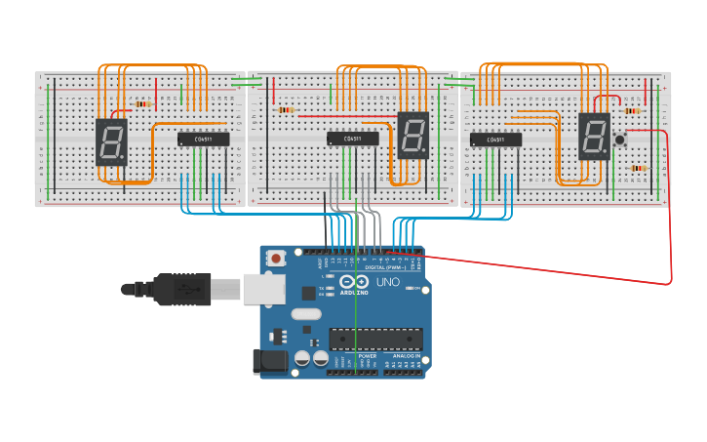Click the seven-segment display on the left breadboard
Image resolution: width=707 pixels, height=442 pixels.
pyautogui.click(x=110, y=141)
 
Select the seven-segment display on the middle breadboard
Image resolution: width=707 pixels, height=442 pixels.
pyautogui.click(x=412, y=135)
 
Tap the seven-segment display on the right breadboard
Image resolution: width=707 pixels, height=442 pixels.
pyautogui.click(x=593, y=137)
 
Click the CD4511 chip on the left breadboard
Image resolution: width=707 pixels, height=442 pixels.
pyautogui.click(x=204, y=140)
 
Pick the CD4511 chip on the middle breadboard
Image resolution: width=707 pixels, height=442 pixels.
pyautogui.click(x=352, y=139)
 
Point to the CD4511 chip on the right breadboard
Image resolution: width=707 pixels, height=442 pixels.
pyautogui.click(x=495, y=140)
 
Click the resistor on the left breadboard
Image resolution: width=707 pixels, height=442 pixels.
pyautogui.click(x=143, y=104)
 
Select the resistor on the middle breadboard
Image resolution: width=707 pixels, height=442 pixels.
pyautogui.click(x=285, y=110)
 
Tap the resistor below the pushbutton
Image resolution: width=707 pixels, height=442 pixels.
pyautogui.click(x=638, y=168)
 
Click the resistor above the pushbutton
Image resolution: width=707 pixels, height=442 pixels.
pyautogui.click(x=632, y=110)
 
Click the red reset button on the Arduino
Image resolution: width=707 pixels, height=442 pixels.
pyautogui.click(x=277, y=259)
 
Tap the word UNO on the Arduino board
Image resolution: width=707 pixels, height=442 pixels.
pyautogui.click(x=388, y=282)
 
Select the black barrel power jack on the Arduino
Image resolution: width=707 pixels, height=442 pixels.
pyautogui.click(x=269, y=362)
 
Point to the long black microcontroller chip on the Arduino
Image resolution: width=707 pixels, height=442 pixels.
pyautogui.click(x=374, y=338)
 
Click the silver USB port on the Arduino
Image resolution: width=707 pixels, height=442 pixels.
pyautogui.click(x=262, y=288)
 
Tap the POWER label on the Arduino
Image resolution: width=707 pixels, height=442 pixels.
pyautogui.click(x=368, y=356)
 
